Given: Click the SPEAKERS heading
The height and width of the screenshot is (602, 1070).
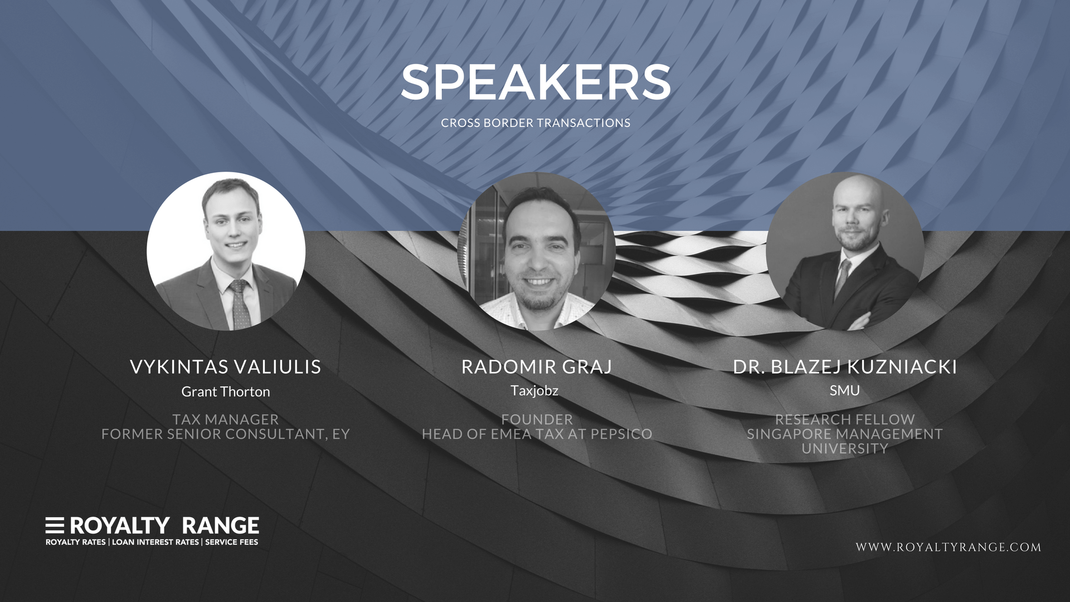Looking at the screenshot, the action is [536, 82].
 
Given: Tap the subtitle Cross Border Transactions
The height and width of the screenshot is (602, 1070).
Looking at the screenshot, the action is [536, 123].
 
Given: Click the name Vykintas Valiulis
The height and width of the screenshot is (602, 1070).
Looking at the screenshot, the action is [226, 367].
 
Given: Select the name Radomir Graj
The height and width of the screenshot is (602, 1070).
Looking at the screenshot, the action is [537, 367].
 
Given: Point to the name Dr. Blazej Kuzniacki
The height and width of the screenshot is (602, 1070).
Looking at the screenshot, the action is [845, 367].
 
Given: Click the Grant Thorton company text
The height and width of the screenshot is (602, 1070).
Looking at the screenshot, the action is [226, 392].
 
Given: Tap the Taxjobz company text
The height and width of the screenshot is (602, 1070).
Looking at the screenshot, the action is [534, 391].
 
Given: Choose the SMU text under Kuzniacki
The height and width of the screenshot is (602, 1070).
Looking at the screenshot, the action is [845, 390].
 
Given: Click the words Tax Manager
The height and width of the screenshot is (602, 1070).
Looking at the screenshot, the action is [226, 419].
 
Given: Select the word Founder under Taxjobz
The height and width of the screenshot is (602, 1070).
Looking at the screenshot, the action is [537, 419].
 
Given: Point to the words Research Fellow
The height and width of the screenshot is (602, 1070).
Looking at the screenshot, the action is [845, 419].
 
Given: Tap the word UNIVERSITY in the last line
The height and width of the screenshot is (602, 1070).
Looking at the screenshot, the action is [845, 448].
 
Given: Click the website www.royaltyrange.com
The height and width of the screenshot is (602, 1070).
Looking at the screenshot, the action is [949, 547].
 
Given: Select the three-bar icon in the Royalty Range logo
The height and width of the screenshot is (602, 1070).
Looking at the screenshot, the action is [55, 525].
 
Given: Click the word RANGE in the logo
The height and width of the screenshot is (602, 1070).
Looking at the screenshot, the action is [221, 526].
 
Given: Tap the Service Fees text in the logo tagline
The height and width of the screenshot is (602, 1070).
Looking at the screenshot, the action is [232, 542].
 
